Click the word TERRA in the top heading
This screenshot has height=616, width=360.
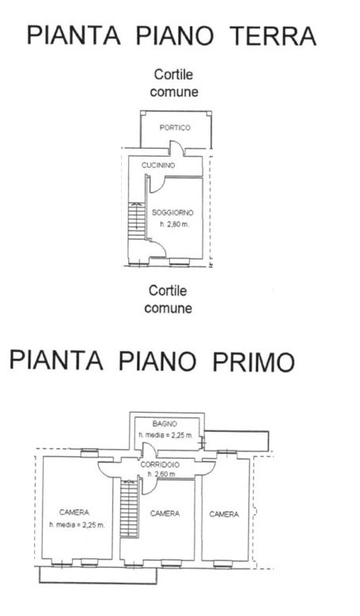pyautogui.click(x=274, y=36)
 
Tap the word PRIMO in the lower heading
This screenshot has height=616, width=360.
pyautogui.click(x=253, y=361)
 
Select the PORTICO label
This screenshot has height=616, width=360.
pyautogui.click(x=175, y=127)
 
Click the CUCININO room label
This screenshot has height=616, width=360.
pyautogui.click(x=158, y=165)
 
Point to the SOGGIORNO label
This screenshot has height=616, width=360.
pyautogui.click(x=172, y=213)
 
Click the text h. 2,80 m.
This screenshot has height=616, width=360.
pyautogui.click(x=173, y=225)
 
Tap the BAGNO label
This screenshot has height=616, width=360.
pyautogui.click(x=165, y=424)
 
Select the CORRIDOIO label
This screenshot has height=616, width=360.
pyautogui.click(x=160, y=465)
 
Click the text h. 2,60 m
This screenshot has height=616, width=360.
pyautogui.click(x=161, y=474)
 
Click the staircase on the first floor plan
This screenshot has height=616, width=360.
pyautogui.click(x=130, y=508)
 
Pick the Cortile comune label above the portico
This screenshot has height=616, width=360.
pyautogui.click(x=174, y=83)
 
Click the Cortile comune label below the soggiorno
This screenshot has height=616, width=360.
pyautogui.click(x=168, y=300)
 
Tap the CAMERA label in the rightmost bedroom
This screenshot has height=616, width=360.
pyautogui.click(x=224, y=514)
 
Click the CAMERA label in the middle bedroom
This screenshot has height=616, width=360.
pyautogui.click(x=165, y=513)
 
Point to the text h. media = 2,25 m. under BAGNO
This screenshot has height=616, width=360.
pyautogui.click(x=165, y=435)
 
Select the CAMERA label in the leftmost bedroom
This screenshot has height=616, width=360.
pyautogui.click(x=74, y=512)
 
